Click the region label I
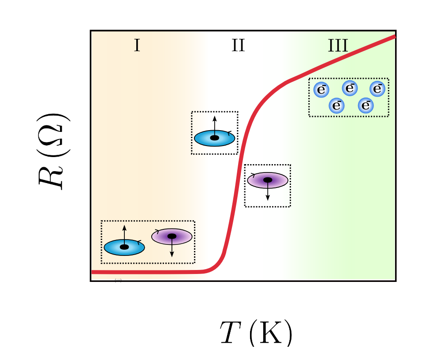click(137, 45)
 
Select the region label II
click(238, 45)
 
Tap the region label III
click(338, 45)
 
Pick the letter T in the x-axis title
click(229, 334)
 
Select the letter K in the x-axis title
click(272, 334)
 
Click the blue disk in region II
click(215, 138)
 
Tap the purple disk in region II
click(268, 180)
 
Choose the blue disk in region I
click(124, 247)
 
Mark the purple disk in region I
click(172, 236)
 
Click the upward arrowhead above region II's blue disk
click(215, 118)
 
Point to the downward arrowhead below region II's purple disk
click(268, 198)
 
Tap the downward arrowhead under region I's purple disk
click(172, 255)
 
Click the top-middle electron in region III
click(350, 88)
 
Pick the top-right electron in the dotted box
click(377, 89)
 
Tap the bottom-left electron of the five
click(337, 105)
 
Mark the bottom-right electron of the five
click(366, 105)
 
